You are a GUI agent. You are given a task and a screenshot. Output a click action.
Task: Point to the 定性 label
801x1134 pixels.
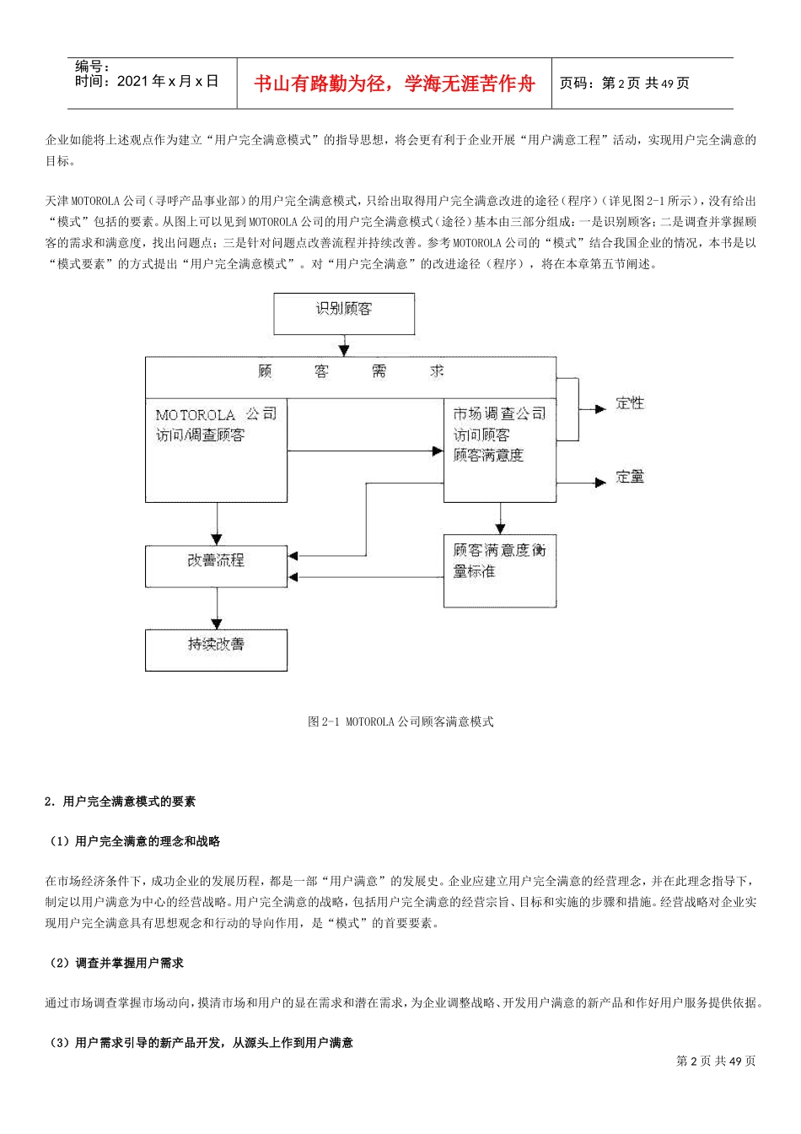[x=630, y=403]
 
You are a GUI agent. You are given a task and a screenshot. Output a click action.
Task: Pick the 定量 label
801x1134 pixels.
[x=630, y=477]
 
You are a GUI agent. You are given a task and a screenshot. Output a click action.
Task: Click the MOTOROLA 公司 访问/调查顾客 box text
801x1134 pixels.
[x=216, y=425]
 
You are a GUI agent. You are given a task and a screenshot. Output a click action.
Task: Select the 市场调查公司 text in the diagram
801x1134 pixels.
[x=499, y=414]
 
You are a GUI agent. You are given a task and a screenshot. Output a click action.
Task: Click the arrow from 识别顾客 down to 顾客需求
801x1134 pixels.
[x=343, y=346]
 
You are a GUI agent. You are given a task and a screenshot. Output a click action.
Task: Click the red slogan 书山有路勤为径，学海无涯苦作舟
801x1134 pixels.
[x=395, y=84]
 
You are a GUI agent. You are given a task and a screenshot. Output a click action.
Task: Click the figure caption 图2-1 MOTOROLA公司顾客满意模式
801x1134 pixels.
[x=400, y=722]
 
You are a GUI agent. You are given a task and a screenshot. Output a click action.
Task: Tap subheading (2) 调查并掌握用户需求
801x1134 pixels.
[x=116, y=963]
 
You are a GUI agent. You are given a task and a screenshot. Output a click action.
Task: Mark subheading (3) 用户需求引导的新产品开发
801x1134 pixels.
[x=201, y=1044]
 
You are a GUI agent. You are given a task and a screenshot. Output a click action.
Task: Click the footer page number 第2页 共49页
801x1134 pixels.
[x=716, y=1061]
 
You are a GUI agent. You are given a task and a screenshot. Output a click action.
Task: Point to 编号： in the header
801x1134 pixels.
[x=92, y=67]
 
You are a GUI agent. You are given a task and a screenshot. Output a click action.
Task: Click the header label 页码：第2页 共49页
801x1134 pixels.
[x=625, y=84]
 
